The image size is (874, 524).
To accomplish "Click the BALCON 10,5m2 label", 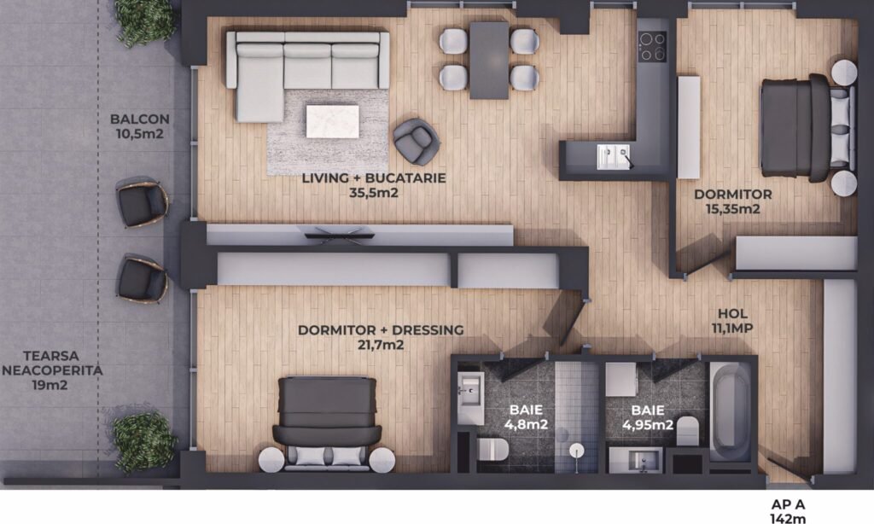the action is coord(139,126).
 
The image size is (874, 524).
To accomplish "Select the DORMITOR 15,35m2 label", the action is coord(732,201).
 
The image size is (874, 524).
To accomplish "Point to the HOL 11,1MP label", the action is coord(732,321).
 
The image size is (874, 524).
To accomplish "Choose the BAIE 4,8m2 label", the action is coord(526,417).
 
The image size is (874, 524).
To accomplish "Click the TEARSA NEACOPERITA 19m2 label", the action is coord(51,370).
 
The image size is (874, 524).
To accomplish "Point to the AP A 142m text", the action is coord(788,511).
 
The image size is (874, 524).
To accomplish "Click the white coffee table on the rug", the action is coord(332,121).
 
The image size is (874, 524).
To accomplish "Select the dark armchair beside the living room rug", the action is coord(416,142).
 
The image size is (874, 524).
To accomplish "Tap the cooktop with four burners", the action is coord(652,46).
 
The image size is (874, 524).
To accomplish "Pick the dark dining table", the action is coord(489,61).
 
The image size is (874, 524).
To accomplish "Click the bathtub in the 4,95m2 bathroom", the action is coord(730,411).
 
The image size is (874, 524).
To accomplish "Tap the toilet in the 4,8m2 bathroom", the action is coord(492,449).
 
